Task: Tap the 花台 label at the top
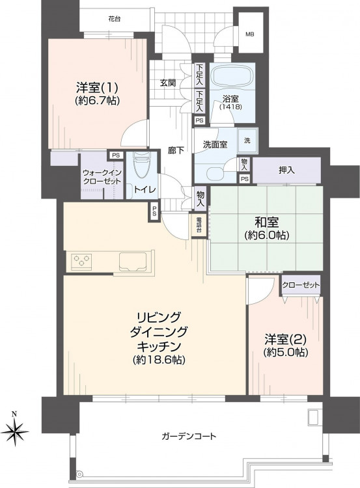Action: coord(115,19)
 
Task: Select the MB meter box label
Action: coord(250,34)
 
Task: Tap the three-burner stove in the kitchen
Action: coord(81,261)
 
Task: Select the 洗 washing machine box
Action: coord(247,141)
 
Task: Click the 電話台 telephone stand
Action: coord(199,226)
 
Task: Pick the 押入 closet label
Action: coord(286,170)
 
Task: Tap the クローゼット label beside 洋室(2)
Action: coord(301,285)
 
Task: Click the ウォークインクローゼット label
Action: coord(102,177)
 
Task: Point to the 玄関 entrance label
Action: coord(167,83)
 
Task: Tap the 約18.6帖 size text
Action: coord(159,360)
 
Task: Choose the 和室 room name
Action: coord(266,223)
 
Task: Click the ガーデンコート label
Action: coord(189,437)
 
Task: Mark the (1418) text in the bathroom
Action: coord(230,107)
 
